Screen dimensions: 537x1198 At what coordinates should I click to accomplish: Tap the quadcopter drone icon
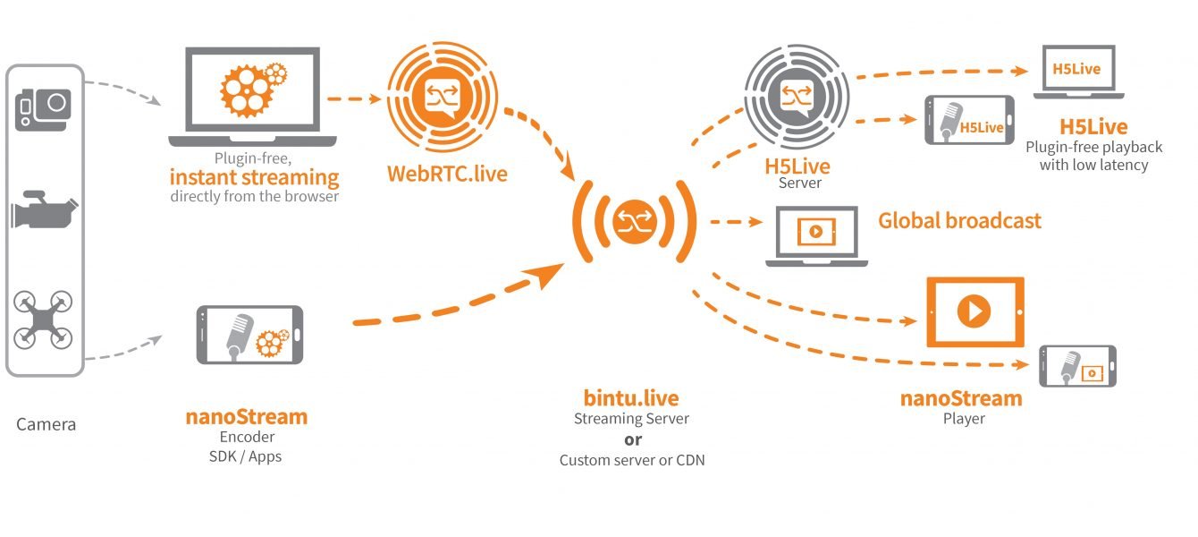(x=44, y=320)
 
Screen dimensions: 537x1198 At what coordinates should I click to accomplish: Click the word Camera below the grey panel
(x=46, y=424)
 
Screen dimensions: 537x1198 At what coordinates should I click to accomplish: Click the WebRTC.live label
(x=446, y=173)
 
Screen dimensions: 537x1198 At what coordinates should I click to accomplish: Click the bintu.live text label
(x=631, y=398)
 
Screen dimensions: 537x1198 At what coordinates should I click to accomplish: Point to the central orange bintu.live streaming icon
(x=636, y=220)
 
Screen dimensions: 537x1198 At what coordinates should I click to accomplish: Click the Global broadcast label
(x=959, y=220)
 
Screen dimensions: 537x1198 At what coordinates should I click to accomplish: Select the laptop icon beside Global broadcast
(x=816, y=234)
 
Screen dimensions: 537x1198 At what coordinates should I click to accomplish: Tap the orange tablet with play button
(x=974, y=311)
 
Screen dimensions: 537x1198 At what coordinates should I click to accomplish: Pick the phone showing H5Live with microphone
(x=969, y=121)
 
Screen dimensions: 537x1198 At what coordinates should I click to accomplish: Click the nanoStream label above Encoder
(x=247, y=416)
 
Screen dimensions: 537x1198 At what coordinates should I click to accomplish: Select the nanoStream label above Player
(x=961, y=398)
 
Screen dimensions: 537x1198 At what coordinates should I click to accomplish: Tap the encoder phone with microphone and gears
(x=249, y=335)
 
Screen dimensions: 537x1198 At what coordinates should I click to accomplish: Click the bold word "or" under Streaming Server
(x=632, y=439)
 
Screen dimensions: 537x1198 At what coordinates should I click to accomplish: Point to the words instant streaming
(x=254, y=176)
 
